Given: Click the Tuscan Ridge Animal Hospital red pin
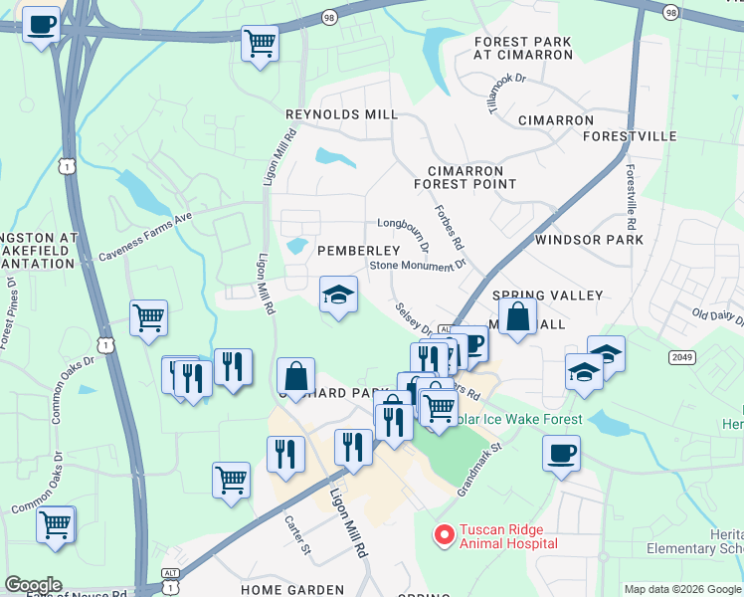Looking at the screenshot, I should pos(445,535).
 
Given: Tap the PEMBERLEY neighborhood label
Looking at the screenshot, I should pos(358,251).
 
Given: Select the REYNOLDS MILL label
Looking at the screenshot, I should pos(341,115).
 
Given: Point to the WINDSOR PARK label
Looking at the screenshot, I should pos(589,240).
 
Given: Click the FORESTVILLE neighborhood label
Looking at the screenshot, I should pos(630,136).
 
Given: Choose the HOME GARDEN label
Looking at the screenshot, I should pos(292,590).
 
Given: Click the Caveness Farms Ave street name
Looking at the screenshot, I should pos(144,239).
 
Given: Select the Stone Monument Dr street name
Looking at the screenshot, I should pos(418,266).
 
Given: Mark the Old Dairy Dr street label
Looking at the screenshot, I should pos(718,316).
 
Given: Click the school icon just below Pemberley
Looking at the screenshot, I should pos(338,295).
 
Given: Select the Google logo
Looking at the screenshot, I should pos(33,585).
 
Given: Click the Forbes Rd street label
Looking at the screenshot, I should pos(449,228).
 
